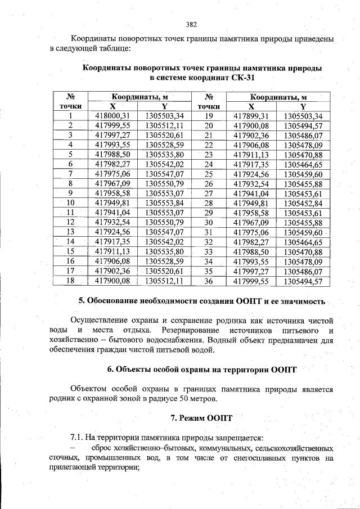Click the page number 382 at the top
(191, 24)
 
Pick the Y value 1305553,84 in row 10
(164, 202)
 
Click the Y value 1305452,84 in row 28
(303, 202)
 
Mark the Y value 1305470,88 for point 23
(303, 155)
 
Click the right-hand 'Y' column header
(303, 106)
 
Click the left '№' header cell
(71, 97)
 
